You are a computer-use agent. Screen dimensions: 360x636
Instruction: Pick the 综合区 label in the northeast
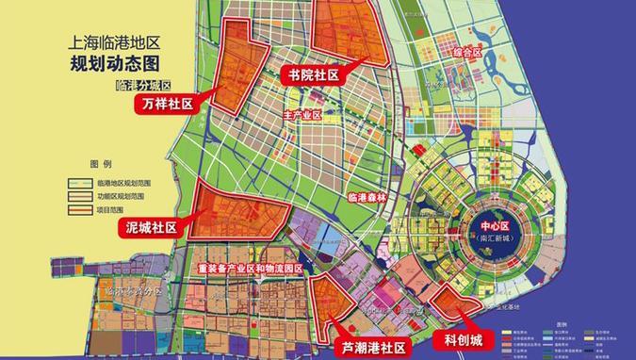coord(467,53)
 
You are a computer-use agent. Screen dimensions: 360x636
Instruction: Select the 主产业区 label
coord(302,115)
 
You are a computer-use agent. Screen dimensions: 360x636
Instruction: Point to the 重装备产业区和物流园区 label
coord(250,269)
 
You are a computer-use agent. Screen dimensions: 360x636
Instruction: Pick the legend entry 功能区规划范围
coord(122,195)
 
